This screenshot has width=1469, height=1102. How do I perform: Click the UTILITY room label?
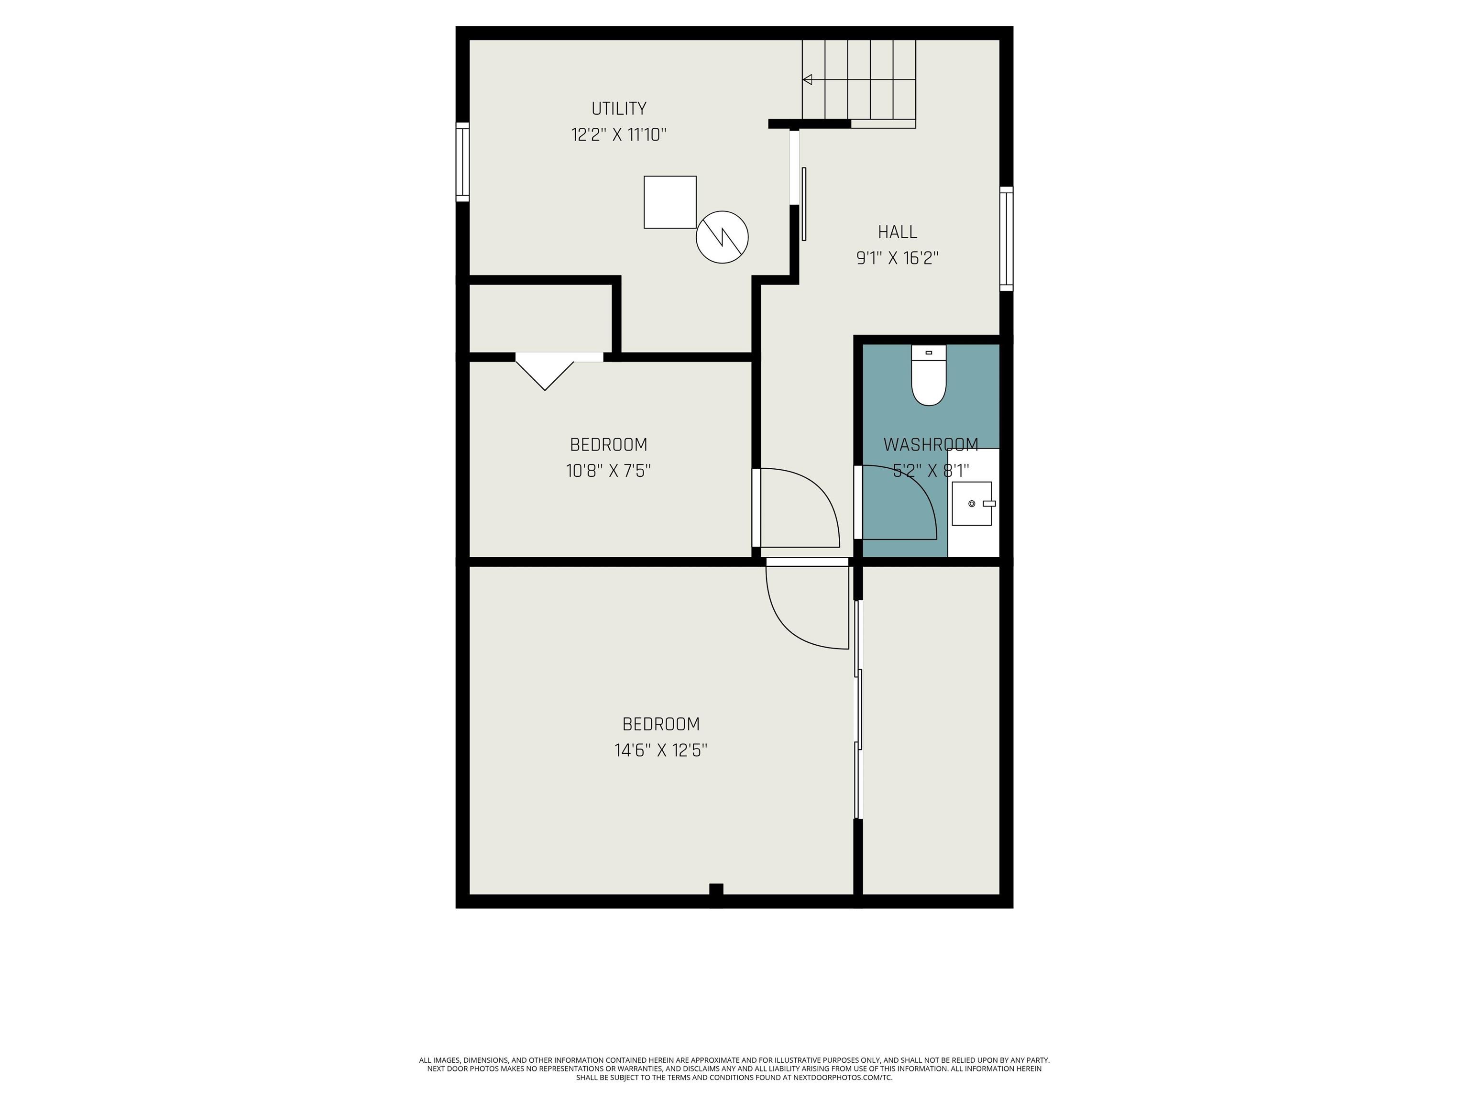[619, 108]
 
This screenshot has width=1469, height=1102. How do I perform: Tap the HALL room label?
[897, 232]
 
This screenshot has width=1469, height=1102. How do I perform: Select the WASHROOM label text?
[931, 444]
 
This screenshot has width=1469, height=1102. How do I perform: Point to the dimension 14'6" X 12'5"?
[661, 750]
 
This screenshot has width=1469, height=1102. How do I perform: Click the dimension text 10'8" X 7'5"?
[608, 470]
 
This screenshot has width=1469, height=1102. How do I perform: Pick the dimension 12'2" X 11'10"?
[619, 135]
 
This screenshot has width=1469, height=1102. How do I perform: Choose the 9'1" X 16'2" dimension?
[897, 258]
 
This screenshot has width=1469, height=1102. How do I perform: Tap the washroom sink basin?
[972, 504]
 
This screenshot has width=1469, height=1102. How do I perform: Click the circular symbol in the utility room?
[722, 236]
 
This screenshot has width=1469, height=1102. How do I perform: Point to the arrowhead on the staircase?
[807, 80]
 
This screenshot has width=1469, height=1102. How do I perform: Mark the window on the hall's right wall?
[1007, 239]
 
